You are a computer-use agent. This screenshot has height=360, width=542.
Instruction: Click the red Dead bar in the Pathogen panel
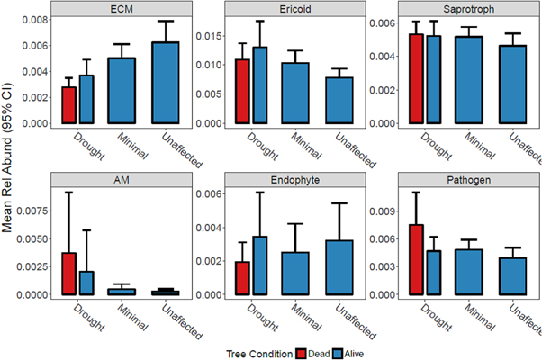coord(415,260)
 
